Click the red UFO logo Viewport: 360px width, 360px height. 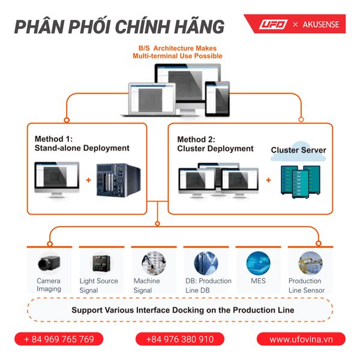pos(273,25)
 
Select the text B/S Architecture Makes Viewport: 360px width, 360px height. pos(177,47)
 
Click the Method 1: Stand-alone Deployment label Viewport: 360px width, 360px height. pos(82,143)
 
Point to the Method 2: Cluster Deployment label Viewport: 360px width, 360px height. pos(215,143)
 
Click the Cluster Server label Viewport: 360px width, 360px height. pos(298,150)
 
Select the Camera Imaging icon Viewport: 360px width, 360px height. pos(49,263)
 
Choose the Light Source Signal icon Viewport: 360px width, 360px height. pos(99,263)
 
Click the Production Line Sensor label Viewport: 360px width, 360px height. pos(307,285)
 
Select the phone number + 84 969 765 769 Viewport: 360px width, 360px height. pos(59,339)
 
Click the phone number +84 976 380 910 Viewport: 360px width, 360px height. pos(179,339)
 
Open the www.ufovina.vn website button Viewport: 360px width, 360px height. pos(301,339)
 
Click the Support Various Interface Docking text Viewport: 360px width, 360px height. pos(182,310)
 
